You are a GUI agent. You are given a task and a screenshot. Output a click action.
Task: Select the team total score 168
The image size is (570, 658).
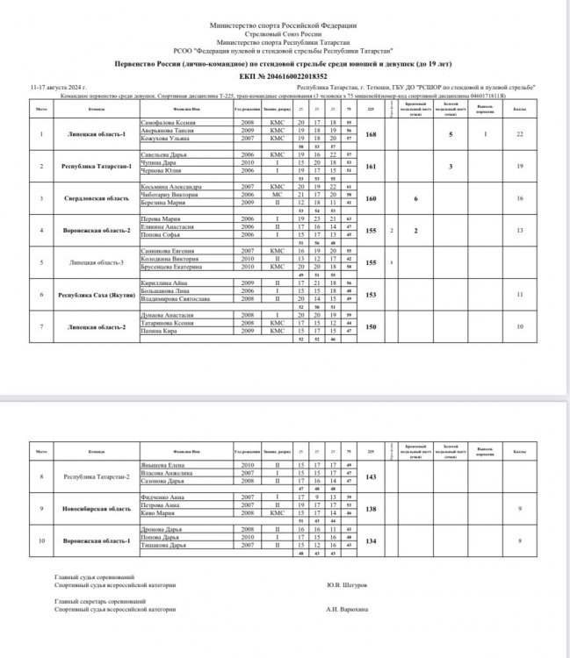[x=370, y=133]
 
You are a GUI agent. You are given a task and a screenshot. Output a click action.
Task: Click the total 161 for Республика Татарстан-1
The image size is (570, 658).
[x=370, y=165]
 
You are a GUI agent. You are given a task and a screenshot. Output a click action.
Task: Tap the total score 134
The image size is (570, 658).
[x=370, y=541]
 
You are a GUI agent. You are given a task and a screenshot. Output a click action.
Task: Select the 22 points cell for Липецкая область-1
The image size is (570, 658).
[x=520, y=133]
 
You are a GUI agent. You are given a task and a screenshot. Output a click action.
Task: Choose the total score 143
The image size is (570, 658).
[x=370, y=477]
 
